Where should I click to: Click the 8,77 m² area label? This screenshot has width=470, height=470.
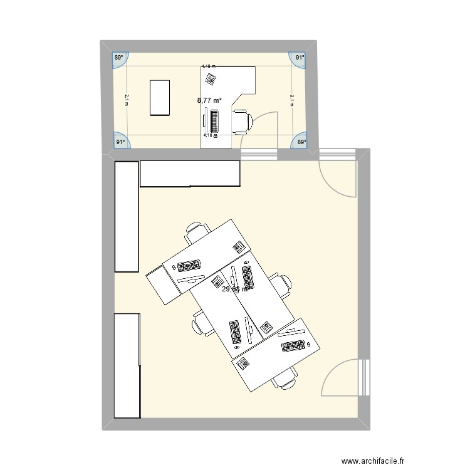click(209, 100)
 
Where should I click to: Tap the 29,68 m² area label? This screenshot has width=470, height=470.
click(235, 289)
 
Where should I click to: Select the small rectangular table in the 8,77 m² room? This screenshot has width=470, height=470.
click(160, 97)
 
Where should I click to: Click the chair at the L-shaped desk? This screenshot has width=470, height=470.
click(242, 121)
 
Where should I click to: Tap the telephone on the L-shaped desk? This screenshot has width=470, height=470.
click(210, 80)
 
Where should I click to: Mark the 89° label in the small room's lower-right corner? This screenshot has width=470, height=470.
click(301, 142)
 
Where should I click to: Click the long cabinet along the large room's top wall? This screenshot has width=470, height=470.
click(190, 174)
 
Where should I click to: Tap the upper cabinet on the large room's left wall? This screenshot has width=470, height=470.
click(126, 216)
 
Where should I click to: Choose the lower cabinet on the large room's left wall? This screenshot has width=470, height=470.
click(126, 365)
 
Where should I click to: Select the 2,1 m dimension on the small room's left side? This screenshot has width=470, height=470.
click(126, 100)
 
